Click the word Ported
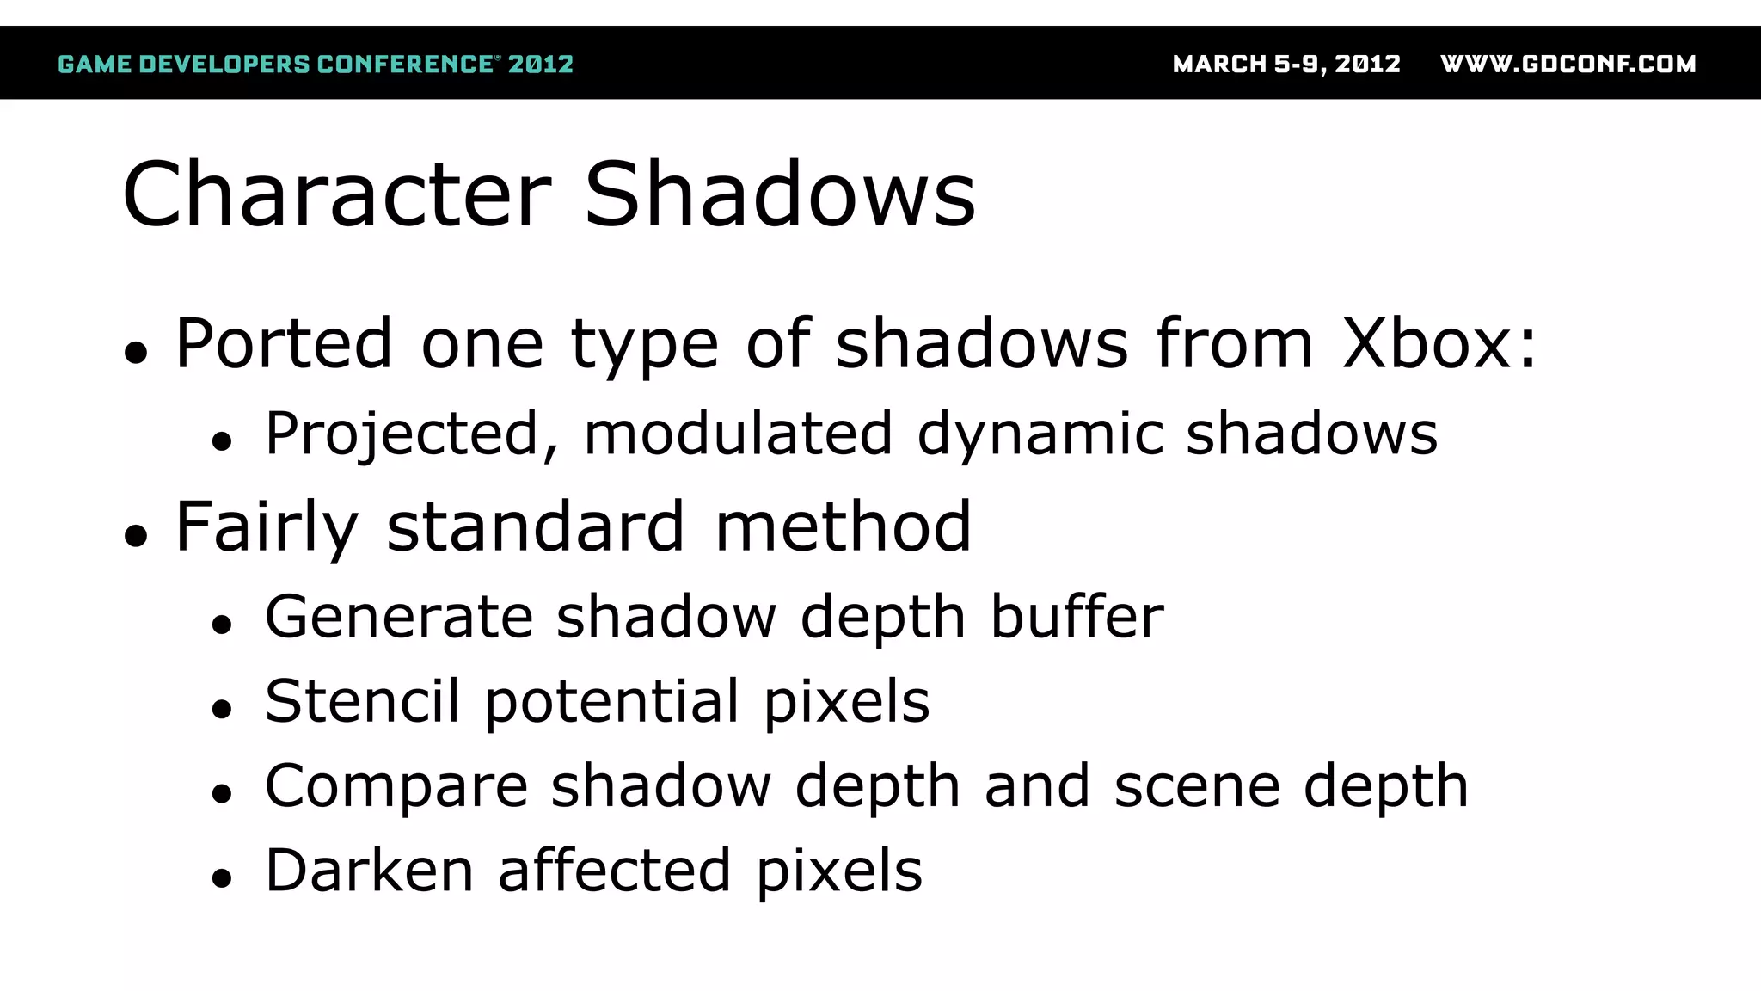coord(284,344)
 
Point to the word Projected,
coord(412,434)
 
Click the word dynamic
coord(1040,434)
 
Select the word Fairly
coord(267,527)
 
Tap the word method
coord(843,527)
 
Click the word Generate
coord(399,617)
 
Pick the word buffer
coord(1077,617)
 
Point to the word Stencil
coord(362,701)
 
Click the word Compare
coord(396,786)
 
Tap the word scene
coord(1197,786)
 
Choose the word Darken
coord(369,871)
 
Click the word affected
coord(614,871)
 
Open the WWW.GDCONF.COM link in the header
coord(1568,65)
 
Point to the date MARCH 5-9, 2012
coord(1286,65)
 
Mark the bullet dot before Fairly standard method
coord(136,537)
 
